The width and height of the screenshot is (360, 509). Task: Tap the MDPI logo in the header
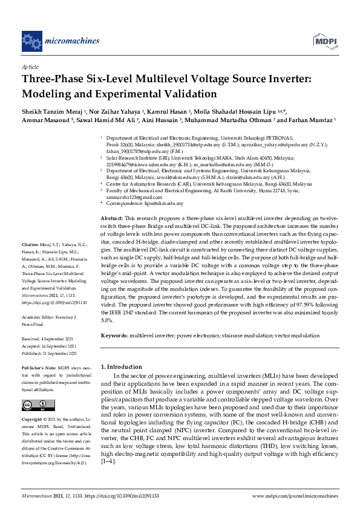[324, 41]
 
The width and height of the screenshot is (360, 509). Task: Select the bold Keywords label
[114, 334]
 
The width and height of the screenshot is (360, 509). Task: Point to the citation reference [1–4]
[109, 461]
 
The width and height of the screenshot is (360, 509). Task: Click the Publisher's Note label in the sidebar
[39, 367]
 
